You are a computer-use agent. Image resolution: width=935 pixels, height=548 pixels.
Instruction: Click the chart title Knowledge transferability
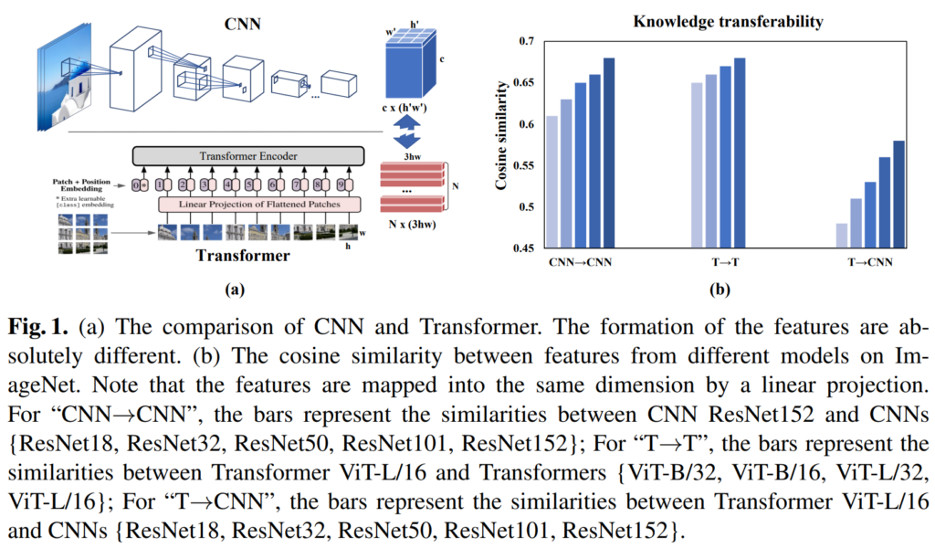tap(716, 19)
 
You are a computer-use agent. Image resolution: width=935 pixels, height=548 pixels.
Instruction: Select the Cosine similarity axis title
tap(500, 140)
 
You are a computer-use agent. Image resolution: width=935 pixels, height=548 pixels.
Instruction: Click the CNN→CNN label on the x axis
tap(581, 262)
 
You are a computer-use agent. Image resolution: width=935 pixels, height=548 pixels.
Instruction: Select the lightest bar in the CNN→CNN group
tap(552, 182)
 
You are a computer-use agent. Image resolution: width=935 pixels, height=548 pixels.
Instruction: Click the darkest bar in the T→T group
tap(741, 153)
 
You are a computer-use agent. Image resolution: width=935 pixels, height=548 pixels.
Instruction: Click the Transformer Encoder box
tap(248, 156)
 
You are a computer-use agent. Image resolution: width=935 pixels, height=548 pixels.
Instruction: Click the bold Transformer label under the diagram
tap(243, 256)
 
